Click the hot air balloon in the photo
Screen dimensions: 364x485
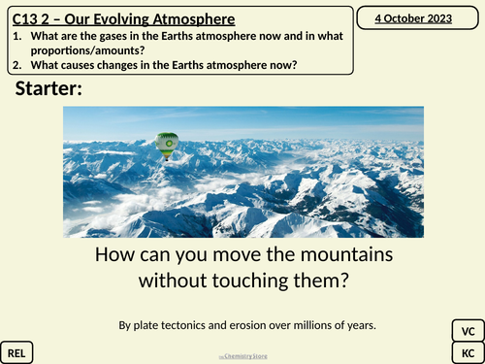(167, 145)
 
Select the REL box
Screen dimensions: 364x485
(17, 352)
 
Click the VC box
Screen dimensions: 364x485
(467, 330)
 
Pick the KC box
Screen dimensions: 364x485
(467, 352)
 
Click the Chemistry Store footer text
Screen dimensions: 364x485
(242, 357)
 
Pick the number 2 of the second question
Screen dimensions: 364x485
(17, 65)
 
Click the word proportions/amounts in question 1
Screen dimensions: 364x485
(94, 50)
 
